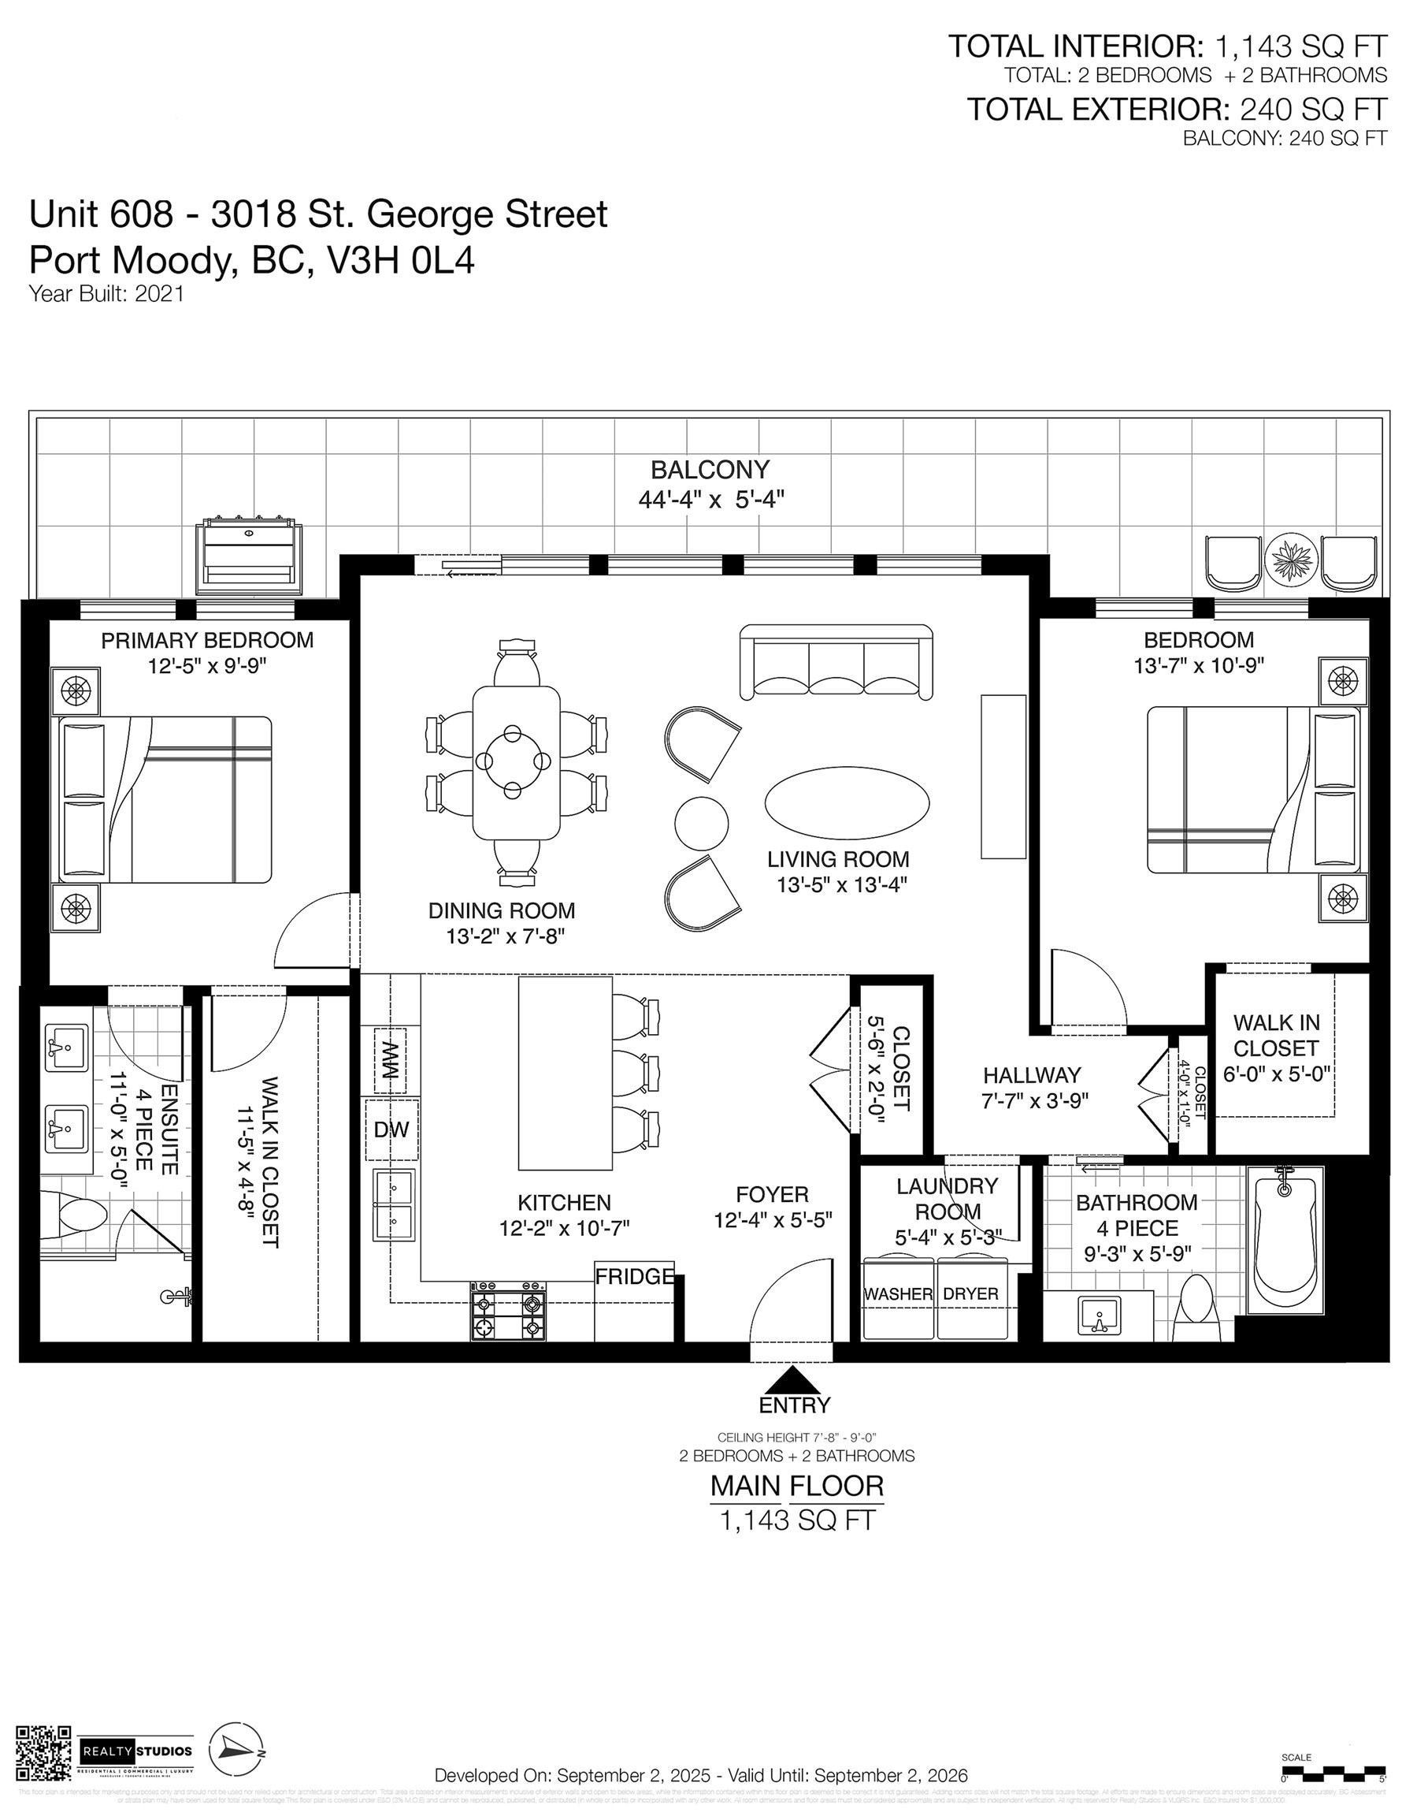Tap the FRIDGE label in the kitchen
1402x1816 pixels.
coord(634,1276)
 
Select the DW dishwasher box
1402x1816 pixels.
coord(391,1129)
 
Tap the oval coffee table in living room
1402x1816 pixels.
coord(847,803)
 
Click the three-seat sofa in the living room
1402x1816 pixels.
coord(836,662)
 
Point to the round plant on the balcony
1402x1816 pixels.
coord(1291,559)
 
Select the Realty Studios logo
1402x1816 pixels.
coord(136,1751)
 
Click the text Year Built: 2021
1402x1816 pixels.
coord(106,293)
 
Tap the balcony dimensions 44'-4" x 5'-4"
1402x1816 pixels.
coord(711,500)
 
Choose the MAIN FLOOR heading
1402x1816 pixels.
coord(796,1485)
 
